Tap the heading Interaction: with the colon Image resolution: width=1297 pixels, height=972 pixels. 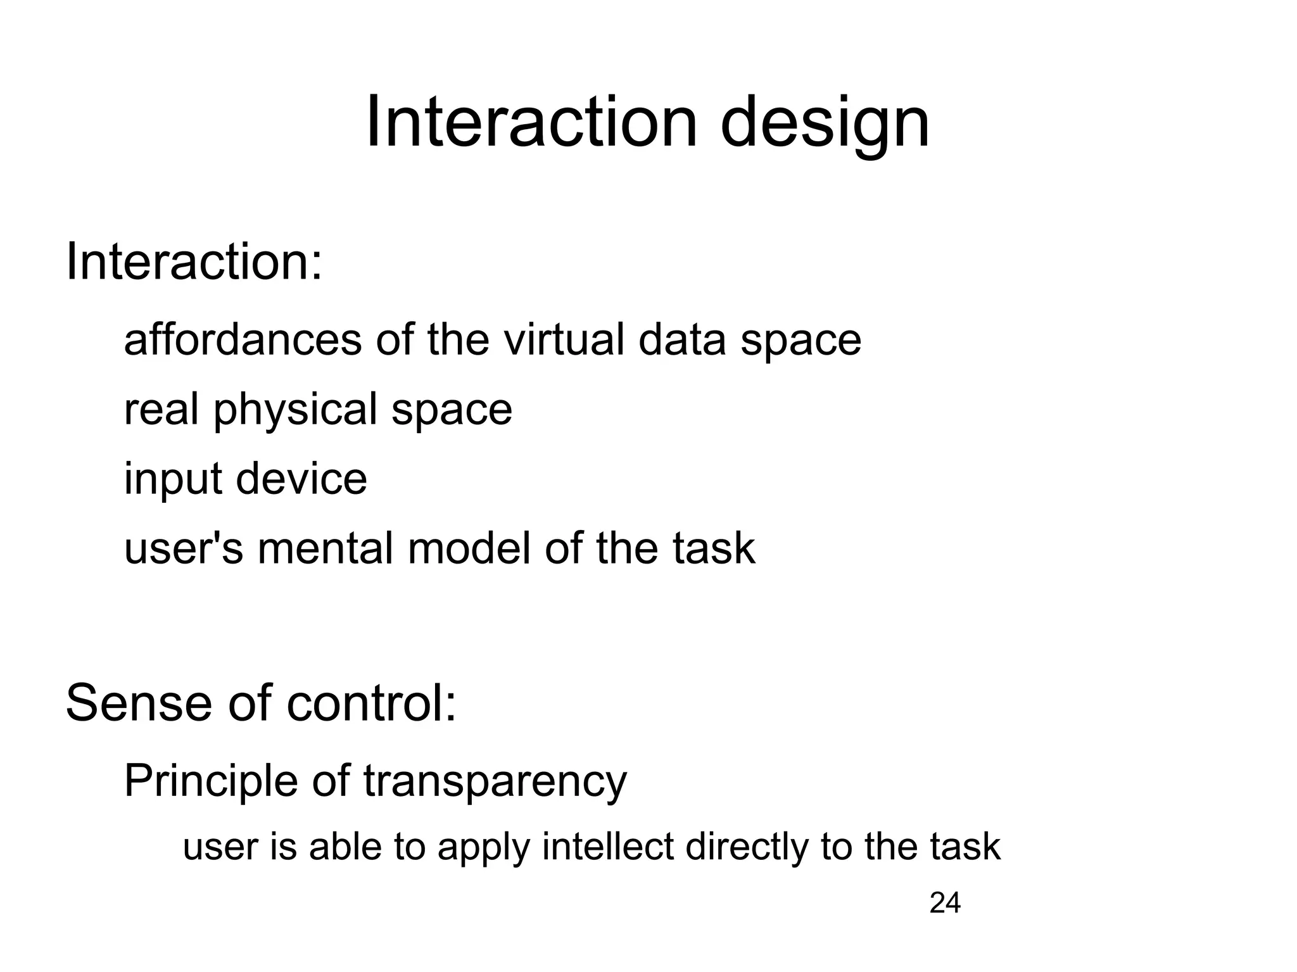pos(194,262)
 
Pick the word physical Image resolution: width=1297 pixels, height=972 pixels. pos(296,410)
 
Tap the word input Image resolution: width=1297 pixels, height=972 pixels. pos(173,480)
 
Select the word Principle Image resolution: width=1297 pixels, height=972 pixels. pos(210,782)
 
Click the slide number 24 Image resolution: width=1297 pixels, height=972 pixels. pos(945,903)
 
